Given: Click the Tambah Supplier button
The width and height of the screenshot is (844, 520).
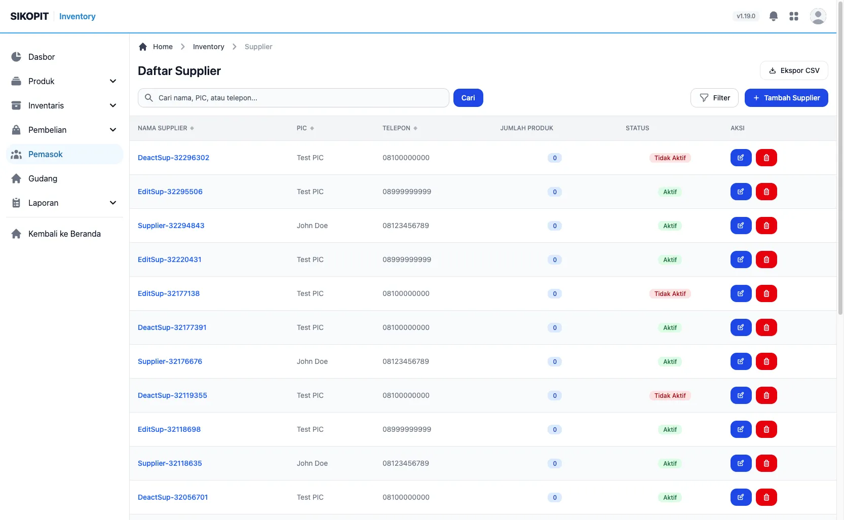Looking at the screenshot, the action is (x=786, y=98).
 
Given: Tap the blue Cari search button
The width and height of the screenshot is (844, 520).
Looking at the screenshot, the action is (x=468, y=98).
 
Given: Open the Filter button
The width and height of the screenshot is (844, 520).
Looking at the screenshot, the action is (x=714, y=98).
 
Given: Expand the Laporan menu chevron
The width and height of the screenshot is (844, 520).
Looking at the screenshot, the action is (x=112, y=203).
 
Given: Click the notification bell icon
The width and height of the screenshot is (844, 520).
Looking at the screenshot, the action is (x=773, y=16).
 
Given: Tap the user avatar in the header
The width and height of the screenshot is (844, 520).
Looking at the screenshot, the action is (x=818, y=16).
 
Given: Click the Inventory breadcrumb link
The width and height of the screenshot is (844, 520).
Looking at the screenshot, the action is (x=208, y=47).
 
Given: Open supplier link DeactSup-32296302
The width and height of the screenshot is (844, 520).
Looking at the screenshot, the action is (x=173, y=158).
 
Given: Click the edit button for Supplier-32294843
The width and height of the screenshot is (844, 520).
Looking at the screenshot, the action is (x=741, y=226).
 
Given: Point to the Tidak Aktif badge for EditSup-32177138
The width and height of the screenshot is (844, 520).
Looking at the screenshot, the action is (x=670, y=293).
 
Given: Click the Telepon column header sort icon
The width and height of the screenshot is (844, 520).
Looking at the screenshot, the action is (x=415, y=128).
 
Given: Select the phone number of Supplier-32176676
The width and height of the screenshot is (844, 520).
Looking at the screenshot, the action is (x=405, y=361).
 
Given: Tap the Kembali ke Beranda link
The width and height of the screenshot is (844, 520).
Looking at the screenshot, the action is (x=64, y=234).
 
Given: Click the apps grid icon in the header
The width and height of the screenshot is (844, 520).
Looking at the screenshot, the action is (x=794, y=16).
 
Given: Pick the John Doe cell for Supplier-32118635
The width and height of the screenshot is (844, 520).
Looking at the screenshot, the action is (x=312, y=463).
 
